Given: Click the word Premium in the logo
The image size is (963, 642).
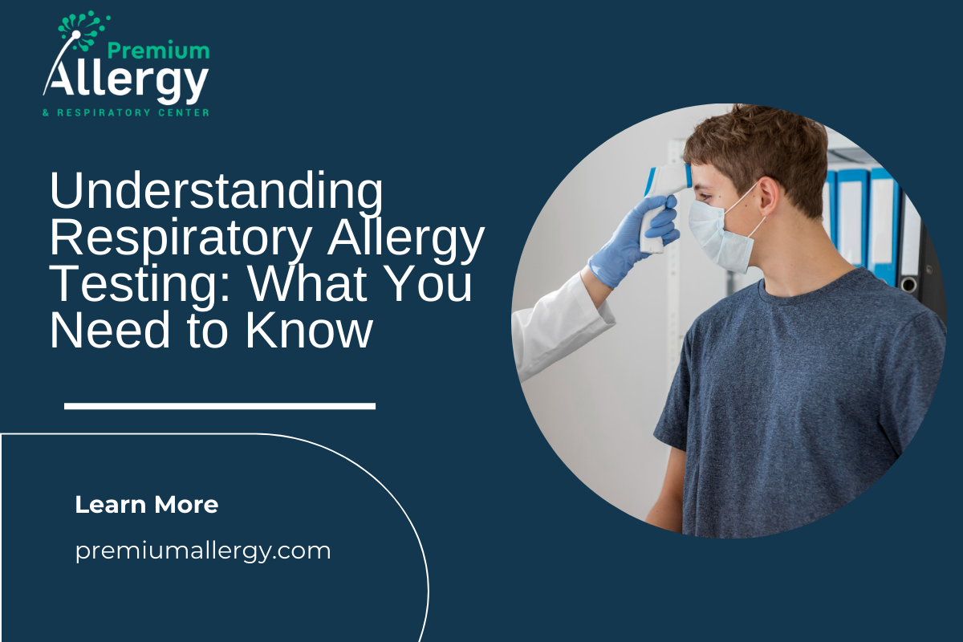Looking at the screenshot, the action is (158, 51).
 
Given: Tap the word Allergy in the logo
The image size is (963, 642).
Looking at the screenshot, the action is (125, 82).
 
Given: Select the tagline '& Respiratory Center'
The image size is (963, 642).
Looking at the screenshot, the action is (126, 112).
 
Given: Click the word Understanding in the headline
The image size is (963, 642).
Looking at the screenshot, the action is (216, 190).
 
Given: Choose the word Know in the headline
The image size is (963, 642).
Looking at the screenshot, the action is (308, 330).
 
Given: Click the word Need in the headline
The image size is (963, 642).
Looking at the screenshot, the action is (110, 330).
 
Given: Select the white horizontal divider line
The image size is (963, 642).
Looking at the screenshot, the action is (220, 406).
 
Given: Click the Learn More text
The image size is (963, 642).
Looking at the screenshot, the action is (147, 505).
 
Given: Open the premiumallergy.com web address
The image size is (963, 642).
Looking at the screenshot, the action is (203, 551).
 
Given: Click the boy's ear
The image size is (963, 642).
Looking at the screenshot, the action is (768, 198).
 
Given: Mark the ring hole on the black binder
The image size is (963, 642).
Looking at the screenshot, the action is (908, 285).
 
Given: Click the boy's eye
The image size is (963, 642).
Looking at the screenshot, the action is (705, 197).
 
